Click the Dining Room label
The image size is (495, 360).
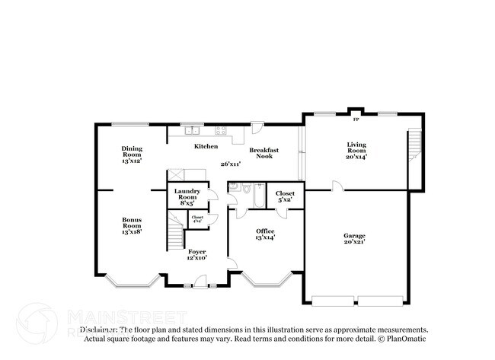[x=132, y=155]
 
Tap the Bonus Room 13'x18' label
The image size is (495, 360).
[x=132, y=225]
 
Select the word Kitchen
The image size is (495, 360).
[x=206, y=146]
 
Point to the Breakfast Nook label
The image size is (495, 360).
[x=263, y=153]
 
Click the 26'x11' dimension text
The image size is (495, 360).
[x=231, y=164]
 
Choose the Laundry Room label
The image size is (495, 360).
[x=187, y=197]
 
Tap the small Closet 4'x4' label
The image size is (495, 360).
[x=197, y=220]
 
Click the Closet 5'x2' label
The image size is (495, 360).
[x=285, y=197]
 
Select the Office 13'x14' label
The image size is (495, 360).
[x=264, y=234]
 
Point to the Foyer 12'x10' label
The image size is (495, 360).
[x=196, y=254]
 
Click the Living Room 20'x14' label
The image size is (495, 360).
[x=356, y=150]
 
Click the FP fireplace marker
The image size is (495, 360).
[x=355, y=119]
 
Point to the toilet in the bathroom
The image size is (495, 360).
[x=247, y=188]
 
